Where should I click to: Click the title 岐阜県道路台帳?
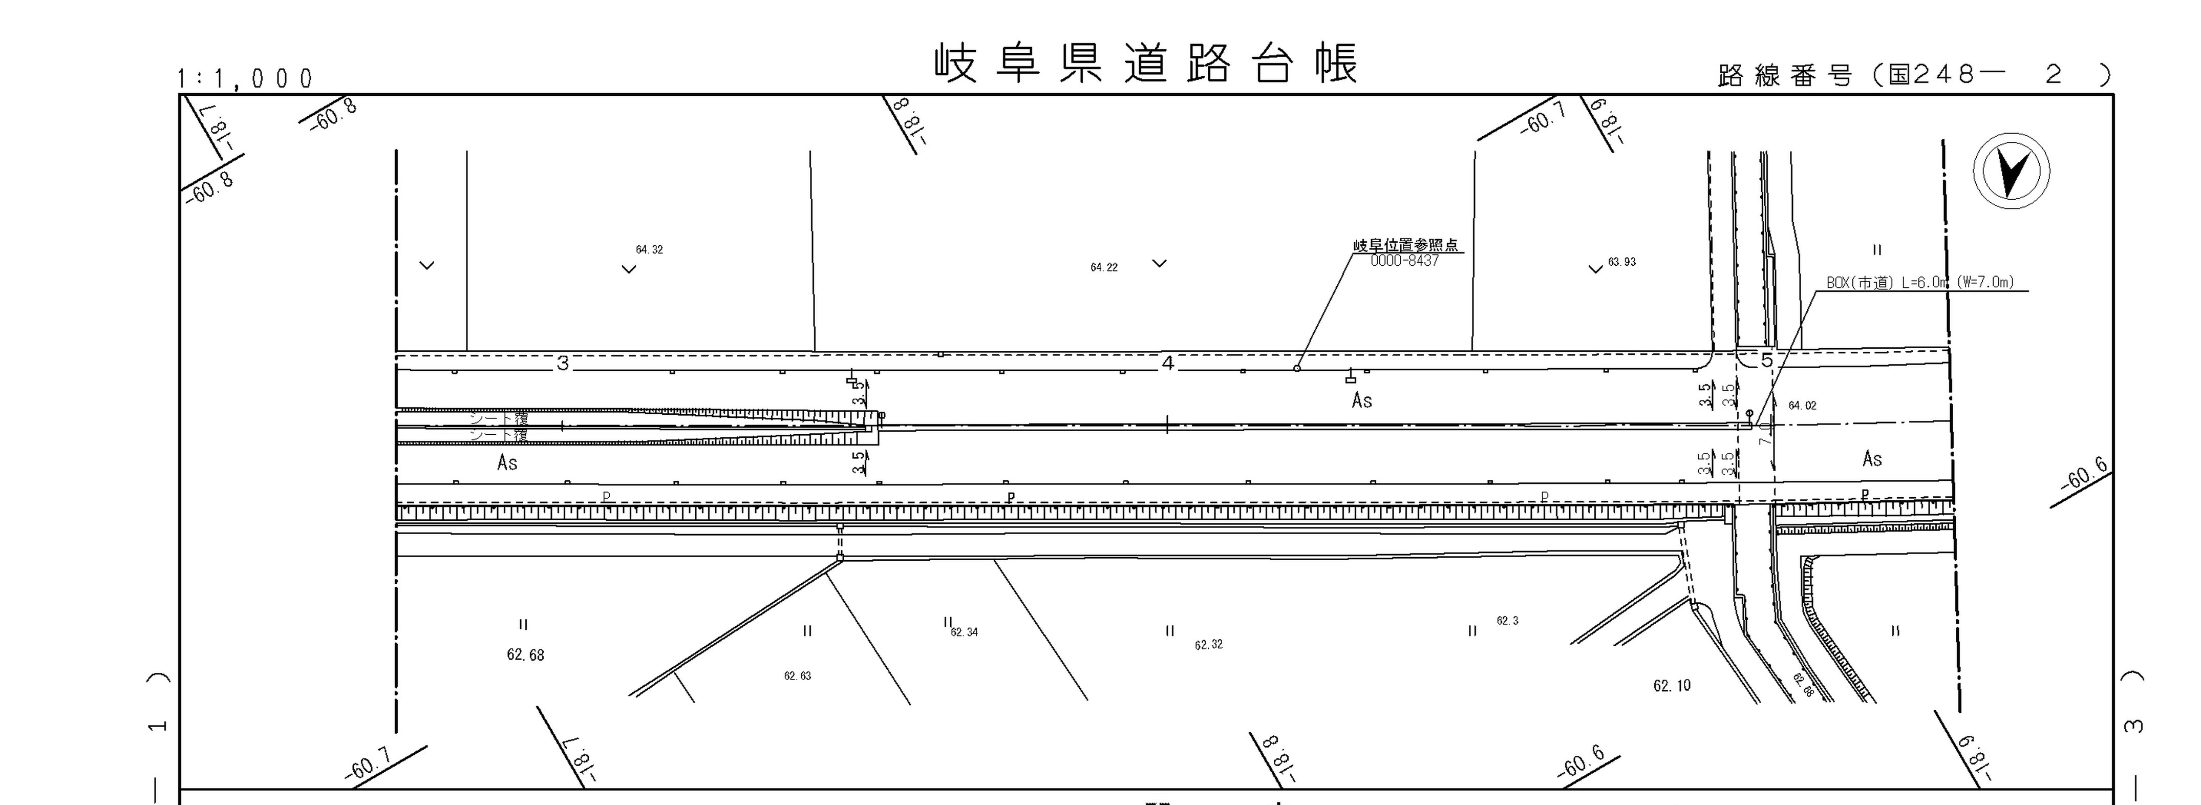click(1145, 64)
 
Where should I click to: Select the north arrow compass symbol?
click(2012, 171)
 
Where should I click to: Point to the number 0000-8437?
click(1405, 261)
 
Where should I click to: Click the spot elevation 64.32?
click(649, 249)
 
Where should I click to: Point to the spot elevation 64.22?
click(1104, 267)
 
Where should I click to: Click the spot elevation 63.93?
click(1622, 262)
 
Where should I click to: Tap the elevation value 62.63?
click(797, 676)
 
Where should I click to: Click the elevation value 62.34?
click(965, 632)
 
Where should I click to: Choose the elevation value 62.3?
click(1507, 621)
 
